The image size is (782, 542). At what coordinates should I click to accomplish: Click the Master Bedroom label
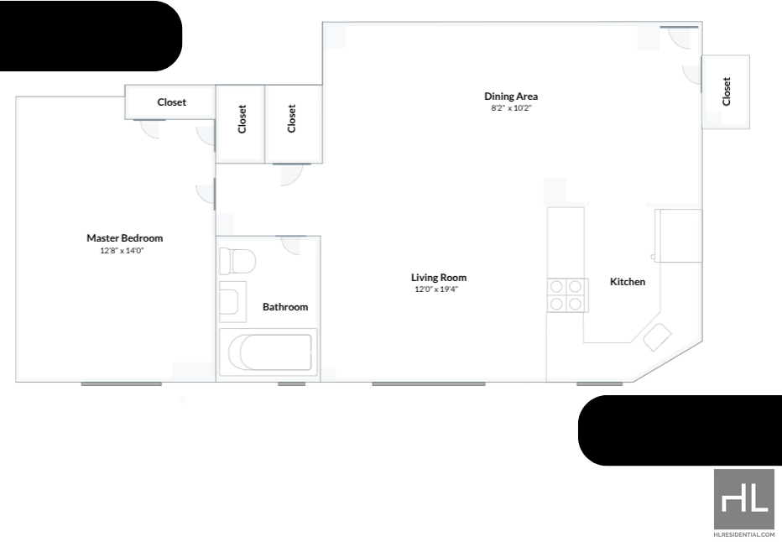point(125,238)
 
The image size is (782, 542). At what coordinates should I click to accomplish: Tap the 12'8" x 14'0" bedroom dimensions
point(122,251)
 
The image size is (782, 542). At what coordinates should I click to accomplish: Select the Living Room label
point(439,278)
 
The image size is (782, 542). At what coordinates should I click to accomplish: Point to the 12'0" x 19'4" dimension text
point(436,289)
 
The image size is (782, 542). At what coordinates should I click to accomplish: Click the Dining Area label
point(511,96)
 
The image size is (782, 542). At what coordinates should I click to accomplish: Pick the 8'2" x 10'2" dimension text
point(511,108)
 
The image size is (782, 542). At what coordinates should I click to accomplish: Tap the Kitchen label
point(628,282)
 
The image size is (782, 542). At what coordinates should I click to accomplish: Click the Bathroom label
point(285,307)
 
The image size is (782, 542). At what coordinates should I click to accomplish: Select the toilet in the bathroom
point(237,261)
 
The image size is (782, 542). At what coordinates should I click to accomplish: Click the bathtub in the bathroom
point(268,352)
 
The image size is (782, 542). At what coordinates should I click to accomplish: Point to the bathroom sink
point(232,302)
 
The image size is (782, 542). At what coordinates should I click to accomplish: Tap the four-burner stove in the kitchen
point(567,295)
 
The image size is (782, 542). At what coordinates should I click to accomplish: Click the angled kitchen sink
point(657,337)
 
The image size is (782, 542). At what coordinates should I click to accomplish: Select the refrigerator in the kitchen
point(678,236)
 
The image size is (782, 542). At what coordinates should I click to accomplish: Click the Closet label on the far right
point(727,91)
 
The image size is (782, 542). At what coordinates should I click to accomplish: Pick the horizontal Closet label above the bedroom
point(171,102)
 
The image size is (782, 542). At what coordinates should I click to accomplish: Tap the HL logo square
point(744,499)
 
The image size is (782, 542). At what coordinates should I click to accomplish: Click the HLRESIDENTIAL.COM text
point(744,534)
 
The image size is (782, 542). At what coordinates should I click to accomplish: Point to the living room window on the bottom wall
point(429,384)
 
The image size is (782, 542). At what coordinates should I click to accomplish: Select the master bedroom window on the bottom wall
point(121,384)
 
